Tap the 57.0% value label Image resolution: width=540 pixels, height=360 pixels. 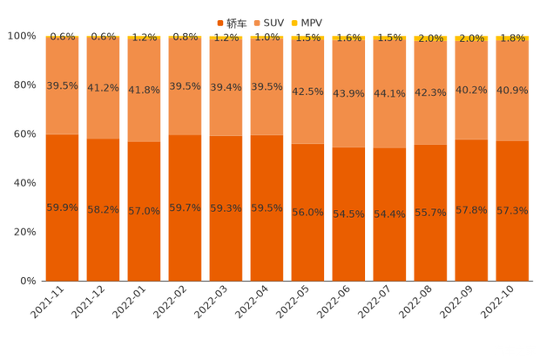point(144,211)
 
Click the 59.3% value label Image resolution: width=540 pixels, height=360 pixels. point(226,208)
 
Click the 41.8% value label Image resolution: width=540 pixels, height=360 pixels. point(144,90)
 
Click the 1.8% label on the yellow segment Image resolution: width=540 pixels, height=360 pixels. point(512,37)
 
